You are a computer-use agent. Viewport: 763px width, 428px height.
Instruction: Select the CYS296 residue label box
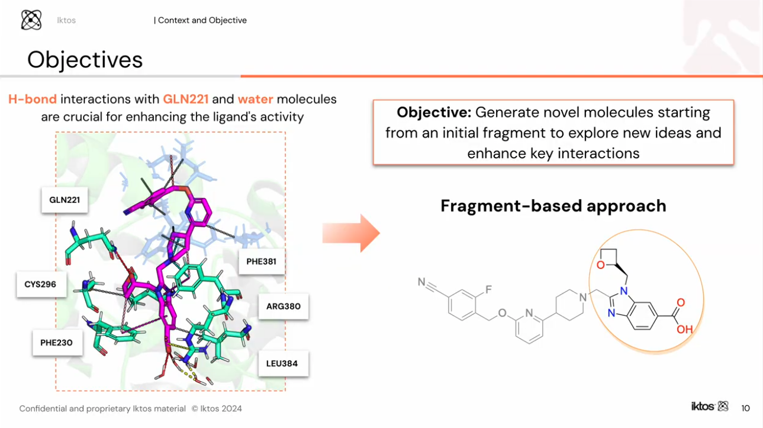coord(40,285)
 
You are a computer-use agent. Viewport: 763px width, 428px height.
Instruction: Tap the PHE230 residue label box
coord(57,343)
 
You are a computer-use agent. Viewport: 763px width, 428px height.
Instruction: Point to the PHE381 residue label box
coord(261,261)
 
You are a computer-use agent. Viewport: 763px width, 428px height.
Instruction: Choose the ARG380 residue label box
coord(283,306)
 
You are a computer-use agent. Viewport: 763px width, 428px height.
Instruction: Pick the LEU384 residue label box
coord(282,363)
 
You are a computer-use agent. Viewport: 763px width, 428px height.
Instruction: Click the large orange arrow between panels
coord(350,234)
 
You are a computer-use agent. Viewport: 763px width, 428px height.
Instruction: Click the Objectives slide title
coord(85,60)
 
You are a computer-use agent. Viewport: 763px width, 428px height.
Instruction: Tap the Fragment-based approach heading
coord(553,206)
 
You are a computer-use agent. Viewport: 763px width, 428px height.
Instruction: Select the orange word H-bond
coord(33,99)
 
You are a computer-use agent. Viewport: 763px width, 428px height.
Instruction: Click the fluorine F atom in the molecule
coord(488,290)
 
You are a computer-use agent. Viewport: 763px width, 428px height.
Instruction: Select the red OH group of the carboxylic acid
coord(684,330)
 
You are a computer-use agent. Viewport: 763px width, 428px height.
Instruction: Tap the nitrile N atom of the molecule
coord(421,282)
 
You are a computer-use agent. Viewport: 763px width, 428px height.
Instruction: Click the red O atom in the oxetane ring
coord(601,264)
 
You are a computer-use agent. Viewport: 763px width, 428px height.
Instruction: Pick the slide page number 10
coord(745,408)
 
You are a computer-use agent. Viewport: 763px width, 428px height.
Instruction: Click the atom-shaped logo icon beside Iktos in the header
coord(31,20)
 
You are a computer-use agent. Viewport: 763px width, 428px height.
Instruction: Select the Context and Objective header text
coord(201,20)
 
